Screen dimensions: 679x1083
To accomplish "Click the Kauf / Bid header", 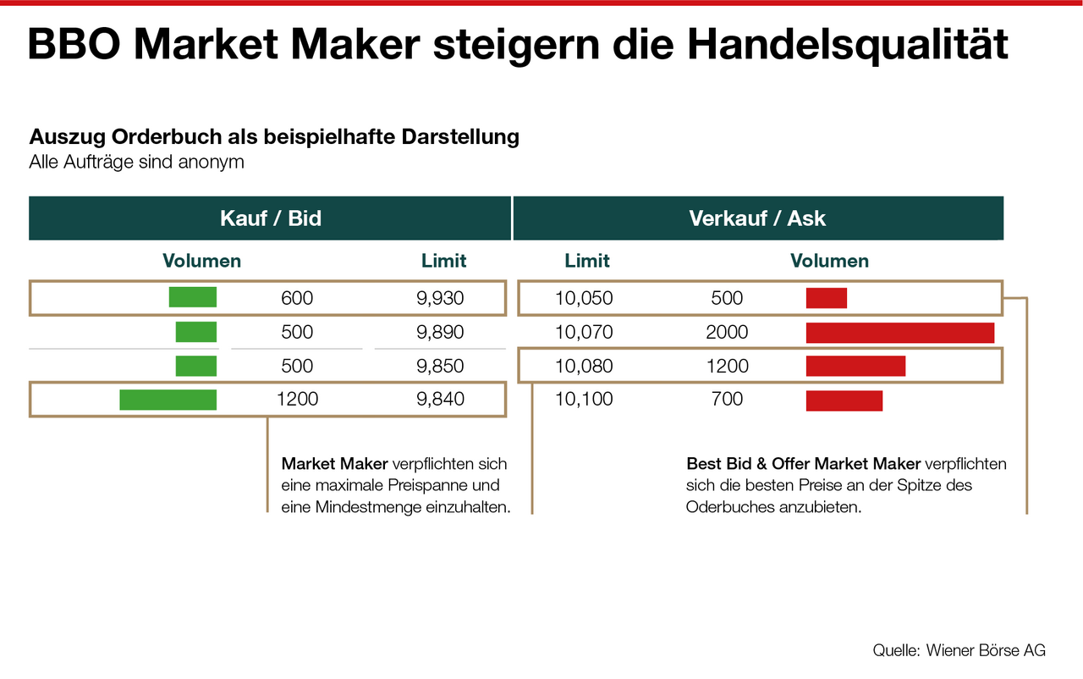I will point(271,218).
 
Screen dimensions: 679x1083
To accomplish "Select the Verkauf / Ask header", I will point(757,218).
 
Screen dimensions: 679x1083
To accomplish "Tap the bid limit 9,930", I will point(440,298).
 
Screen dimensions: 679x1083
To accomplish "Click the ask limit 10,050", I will point(584,298).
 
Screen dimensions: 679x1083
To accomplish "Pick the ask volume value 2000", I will point(727,332).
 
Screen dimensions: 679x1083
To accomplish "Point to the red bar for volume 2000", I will point(899,333).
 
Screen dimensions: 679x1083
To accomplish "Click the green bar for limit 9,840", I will point(168,400).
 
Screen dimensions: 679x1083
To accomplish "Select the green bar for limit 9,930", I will point(192,297).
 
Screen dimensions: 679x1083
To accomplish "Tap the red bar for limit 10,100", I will point(844,400).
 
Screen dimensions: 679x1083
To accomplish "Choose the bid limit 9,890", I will point(440,332).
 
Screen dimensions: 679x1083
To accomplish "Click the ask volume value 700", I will point(727,399).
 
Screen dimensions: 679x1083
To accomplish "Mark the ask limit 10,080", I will point(584,366).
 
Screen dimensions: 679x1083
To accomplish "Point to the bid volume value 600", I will point(297,298).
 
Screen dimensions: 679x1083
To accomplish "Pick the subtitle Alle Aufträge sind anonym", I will point(136,162).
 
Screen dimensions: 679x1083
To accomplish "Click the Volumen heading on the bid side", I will point(201,261).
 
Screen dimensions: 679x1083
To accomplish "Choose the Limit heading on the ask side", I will point(587,261).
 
